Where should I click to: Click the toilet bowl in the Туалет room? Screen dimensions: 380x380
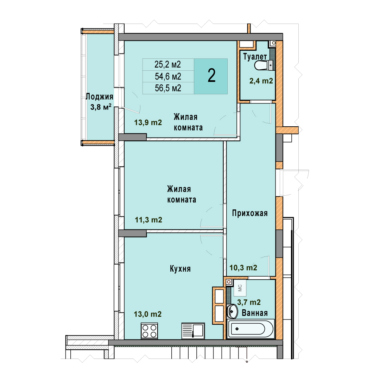[261, 65]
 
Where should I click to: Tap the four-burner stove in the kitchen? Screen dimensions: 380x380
[149, 331]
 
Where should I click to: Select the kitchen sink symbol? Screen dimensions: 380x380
[193, 330]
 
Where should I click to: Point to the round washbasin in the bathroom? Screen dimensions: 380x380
[233, 311]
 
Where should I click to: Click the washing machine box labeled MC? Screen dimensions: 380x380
[240, 288]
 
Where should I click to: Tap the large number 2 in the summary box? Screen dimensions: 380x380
[211, 76]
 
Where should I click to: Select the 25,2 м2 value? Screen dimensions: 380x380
[168, 64]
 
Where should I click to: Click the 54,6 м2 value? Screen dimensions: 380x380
[168, 77]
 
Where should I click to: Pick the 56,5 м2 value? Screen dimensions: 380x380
[168, 88]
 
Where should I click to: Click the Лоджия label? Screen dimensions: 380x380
[100, 97]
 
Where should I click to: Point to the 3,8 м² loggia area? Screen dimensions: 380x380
[101, 107]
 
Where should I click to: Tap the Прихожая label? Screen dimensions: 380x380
[250, 213]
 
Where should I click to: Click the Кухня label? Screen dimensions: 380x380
[180, 269]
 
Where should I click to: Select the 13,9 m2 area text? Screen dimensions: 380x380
[148, 123]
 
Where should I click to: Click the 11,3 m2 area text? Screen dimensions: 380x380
[148, 220]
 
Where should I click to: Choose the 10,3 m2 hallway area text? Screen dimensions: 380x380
[243, 268]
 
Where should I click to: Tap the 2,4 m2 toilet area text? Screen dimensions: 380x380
[261, 81]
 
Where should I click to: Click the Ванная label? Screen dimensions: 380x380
[255, 313]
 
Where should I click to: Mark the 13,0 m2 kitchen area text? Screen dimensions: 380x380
[147, 314]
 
